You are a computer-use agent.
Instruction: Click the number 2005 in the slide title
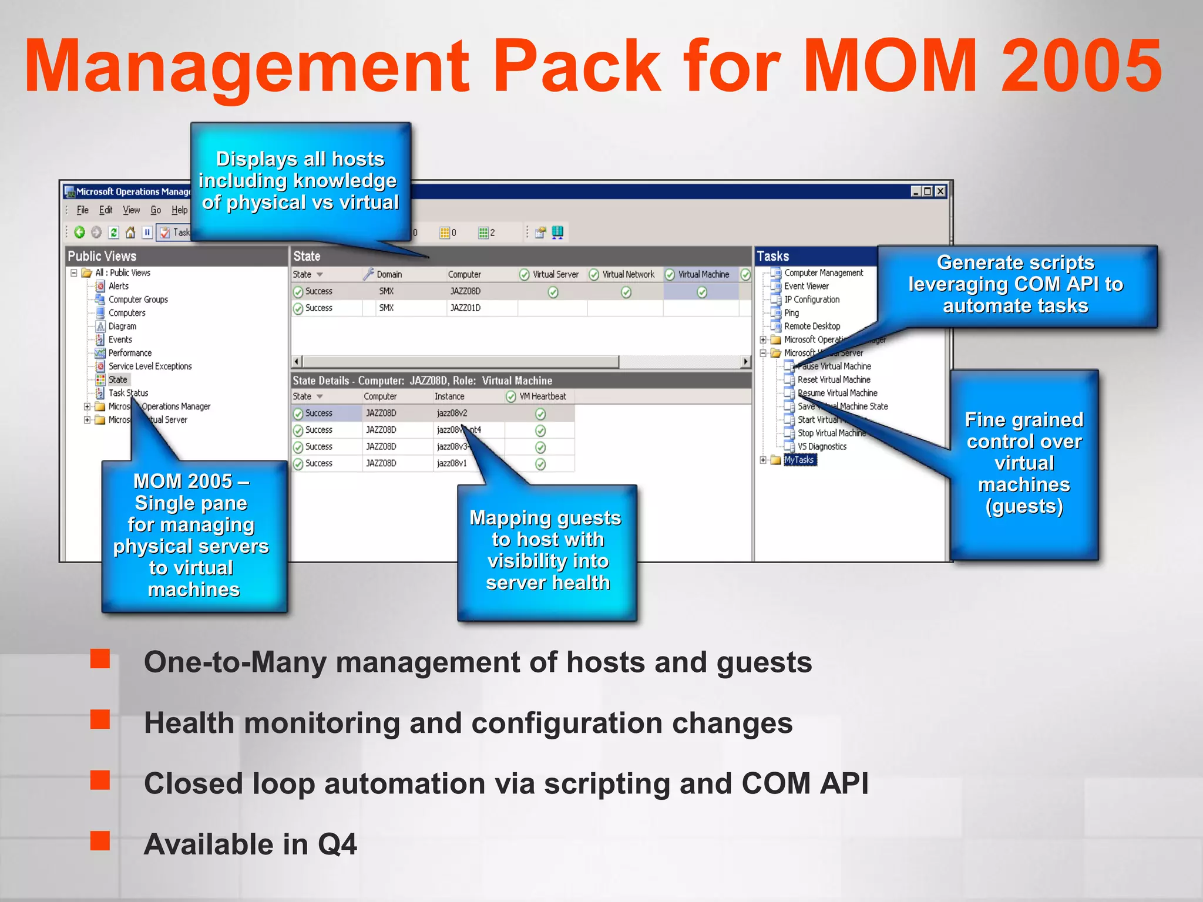[1081, 66]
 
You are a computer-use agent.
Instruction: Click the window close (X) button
[940, 191]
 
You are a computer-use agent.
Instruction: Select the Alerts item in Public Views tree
[118, 286]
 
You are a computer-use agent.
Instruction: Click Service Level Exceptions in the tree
[150, 366]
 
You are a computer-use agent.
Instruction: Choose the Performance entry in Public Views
[130, 353]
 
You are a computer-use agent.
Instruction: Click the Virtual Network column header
[627, 274]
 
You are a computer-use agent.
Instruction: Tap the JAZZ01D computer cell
[465, 308]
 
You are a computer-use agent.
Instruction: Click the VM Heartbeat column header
[542, 396]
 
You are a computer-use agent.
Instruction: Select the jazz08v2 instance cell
[452, 413]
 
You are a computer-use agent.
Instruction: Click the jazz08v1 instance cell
[451, 463]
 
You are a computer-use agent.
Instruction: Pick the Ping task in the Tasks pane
[791, 313]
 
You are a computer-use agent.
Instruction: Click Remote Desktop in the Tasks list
[812, 327]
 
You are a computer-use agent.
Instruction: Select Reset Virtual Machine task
[834, 380]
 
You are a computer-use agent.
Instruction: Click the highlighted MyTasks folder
[799, 460]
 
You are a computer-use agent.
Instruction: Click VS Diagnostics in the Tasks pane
[822, 447]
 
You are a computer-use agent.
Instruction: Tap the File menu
[82, 210]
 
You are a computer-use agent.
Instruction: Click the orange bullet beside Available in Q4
[100, 840]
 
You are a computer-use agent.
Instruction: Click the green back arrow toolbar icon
[79, 233]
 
